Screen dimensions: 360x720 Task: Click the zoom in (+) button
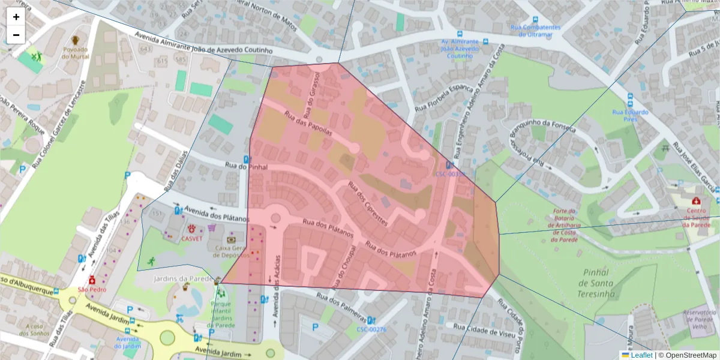tap(16, 17)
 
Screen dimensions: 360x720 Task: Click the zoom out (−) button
tap(16, 35)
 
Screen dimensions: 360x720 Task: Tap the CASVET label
tap(192, 238)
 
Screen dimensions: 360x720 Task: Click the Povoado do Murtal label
tap(75, 53)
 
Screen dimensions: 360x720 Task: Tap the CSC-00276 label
tap(371, 329)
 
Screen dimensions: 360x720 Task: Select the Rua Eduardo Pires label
tap(630, 115)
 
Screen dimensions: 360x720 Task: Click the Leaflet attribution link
tap(641, 355)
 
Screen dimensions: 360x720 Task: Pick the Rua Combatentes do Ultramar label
tap(535, 31)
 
